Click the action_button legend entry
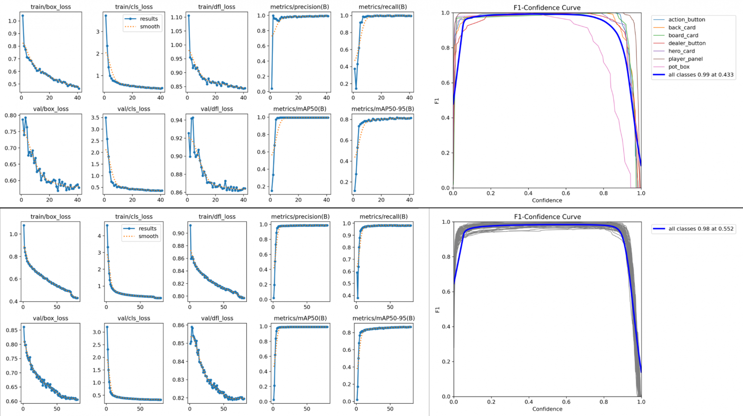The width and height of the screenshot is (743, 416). [686, 20]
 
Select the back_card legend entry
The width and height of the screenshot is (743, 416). [682, 28]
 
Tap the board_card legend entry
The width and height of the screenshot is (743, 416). [683, 35]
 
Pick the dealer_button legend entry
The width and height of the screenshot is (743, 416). [687, 43]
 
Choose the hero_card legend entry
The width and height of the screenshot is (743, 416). [681, 51]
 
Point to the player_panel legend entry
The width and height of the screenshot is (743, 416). [685, 59]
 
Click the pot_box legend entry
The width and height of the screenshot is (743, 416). [679, 67]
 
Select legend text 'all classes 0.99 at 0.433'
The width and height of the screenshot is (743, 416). [701, 75]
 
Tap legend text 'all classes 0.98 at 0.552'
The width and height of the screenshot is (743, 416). [701, 229]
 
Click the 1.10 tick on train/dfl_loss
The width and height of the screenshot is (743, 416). [176, 17]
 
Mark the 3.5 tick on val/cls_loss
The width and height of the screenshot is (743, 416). [95, 118]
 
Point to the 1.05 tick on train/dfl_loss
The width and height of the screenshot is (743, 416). [176, 31]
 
